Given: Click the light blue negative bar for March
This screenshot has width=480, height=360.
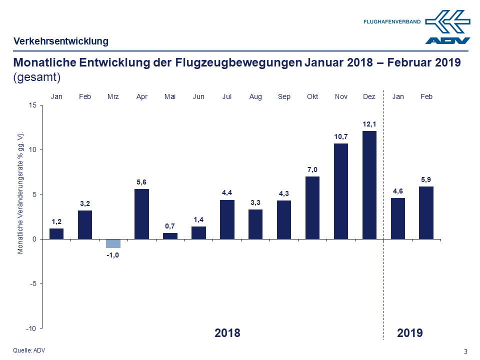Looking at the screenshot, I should tap(113, 243).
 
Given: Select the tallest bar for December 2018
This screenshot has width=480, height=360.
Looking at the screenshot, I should tap(369, 185).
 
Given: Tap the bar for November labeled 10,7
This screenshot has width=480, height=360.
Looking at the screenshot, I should tap(341, 191).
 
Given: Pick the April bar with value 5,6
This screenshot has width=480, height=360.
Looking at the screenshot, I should tap(142, 214).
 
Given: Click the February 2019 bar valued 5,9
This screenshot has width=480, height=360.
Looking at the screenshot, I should tap(426, 212).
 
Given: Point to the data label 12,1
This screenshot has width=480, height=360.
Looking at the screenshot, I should tap(369, 123).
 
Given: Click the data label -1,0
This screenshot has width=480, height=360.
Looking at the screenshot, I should tap(113, 255).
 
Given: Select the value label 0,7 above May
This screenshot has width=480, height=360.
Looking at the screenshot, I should tap(170, 226).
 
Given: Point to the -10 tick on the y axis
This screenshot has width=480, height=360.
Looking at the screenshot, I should tap(31, 328).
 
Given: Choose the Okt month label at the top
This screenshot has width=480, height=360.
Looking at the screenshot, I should tap(312, 96).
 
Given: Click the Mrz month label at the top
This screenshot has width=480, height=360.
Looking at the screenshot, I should tap(113, 96).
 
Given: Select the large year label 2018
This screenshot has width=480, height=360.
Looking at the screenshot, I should tap(227, 333).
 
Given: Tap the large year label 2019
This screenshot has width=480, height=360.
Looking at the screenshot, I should tap(410, 333).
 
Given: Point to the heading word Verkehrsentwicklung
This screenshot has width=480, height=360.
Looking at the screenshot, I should tap(61, 41).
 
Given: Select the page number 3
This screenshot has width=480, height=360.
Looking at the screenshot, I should tap(466, 351).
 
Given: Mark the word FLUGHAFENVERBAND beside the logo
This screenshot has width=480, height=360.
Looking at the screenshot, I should tap(392, 22).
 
